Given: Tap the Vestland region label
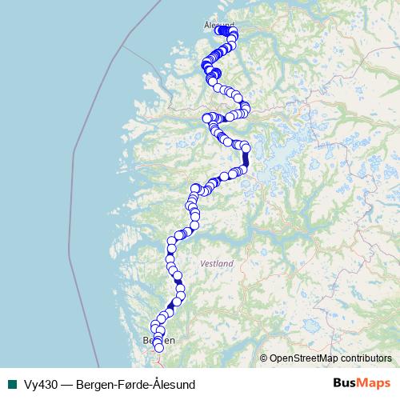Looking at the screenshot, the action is (x=217, y=263).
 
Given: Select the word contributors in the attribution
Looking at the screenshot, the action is (x=366, y=358).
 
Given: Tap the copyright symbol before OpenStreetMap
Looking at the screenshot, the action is (x=264, y=358).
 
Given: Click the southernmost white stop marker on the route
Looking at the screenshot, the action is (x=158, y=347).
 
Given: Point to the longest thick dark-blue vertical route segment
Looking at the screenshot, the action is (x=246, y=158).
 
